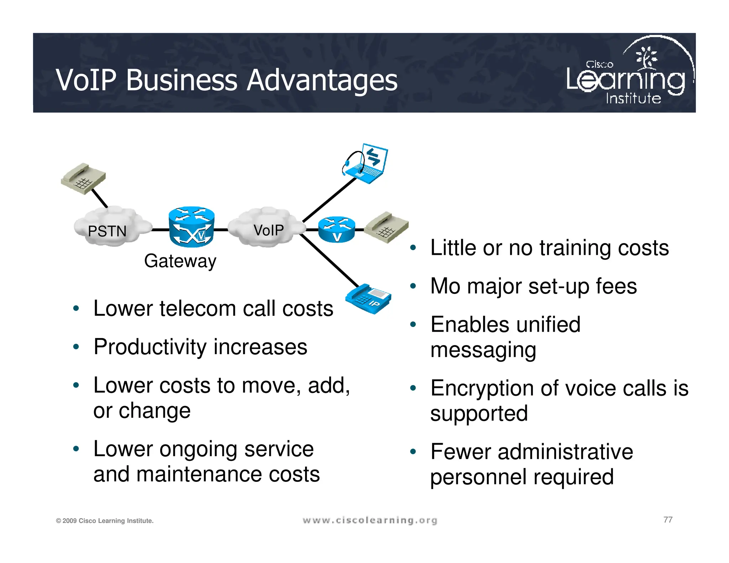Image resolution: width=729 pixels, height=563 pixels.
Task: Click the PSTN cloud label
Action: pyautogui.click(x=107, y=231)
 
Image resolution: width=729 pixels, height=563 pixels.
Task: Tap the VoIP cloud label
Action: pyautogui.click(x=269, y=230)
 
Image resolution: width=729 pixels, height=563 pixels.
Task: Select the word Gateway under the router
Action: pyautogui.click(x=180, y=261)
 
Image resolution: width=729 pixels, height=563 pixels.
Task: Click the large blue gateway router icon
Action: pyautogui.click(x=192, y=227)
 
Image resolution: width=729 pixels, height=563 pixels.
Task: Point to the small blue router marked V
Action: pyautogui.click(x=336, y=230)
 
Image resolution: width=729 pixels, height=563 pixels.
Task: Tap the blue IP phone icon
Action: pyautogui.click(x=369, y=298)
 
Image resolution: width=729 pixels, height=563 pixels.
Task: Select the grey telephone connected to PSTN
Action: pyautogui.click(x=83, y=179)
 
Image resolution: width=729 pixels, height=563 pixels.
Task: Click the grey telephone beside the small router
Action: pyautogui.click(x=387, y=227)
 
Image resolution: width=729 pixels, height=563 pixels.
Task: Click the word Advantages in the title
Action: pyautogui.click(x=322, y=80)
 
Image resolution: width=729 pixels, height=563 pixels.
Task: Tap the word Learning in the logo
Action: pyautogui.click(x=625, y=80)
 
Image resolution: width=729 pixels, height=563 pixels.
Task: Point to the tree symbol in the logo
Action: pyautogui.click(x=647, y=57)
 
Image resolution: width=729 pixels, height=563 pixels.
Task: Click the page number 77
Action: pyautogui.click(x=668, y=520)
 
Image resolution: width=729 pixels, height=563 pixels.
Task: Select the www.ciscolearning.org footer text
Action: pyautogui.click(x=370, y=520)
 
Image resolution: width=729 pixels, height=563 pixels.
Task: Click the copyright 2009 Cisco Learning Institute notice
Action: pyautogui.click(x=105, y=521)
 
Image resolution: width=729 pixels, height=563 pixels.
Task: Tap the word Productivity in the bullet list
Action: pyautogui.click(x=150, y=347)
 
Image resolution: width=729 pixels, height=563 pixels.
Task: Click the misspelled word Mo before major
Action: pyautogui.click(x=445, y=286)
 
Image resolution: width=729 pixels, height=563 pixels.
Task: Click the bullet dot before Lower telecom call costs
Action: pyautogui.click(x=76, y=308)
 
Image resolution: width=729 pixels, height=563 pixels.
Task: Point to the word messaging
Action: pyautogui.click(x=483, y=350)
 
